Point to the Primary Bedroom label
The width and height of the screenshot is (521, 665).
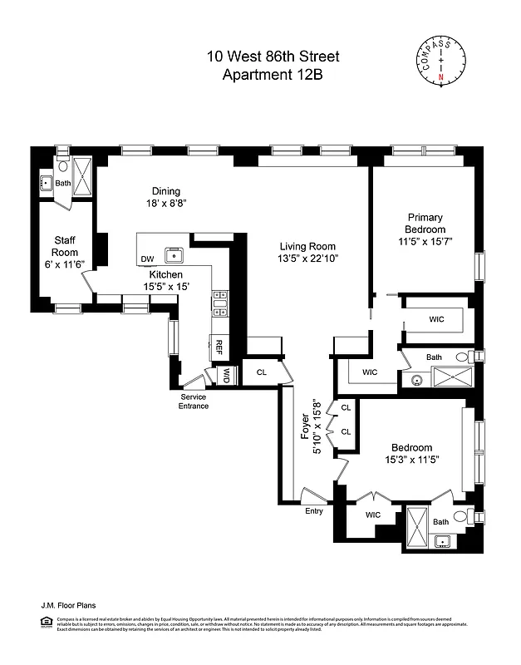(x=425, y=224)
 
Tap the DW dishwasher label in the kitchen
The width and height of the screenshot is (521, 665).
(x=148, y=259)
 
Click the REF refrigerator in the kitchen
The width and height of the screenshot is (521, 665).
(x=219, y=347)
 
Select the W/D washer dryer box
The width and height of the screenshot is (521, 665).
(x=225, y=376)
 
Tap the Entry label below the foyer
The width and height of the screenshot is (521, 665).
(x=314, y=510)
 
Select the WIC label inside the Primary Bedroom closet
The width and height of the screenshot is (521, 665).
(x=437, y=319)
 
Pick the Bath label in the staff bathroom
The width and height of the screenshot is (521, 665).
(x=63, y=183)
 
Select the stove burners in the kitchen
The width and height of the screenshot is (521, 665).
(x=219, y=303)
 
